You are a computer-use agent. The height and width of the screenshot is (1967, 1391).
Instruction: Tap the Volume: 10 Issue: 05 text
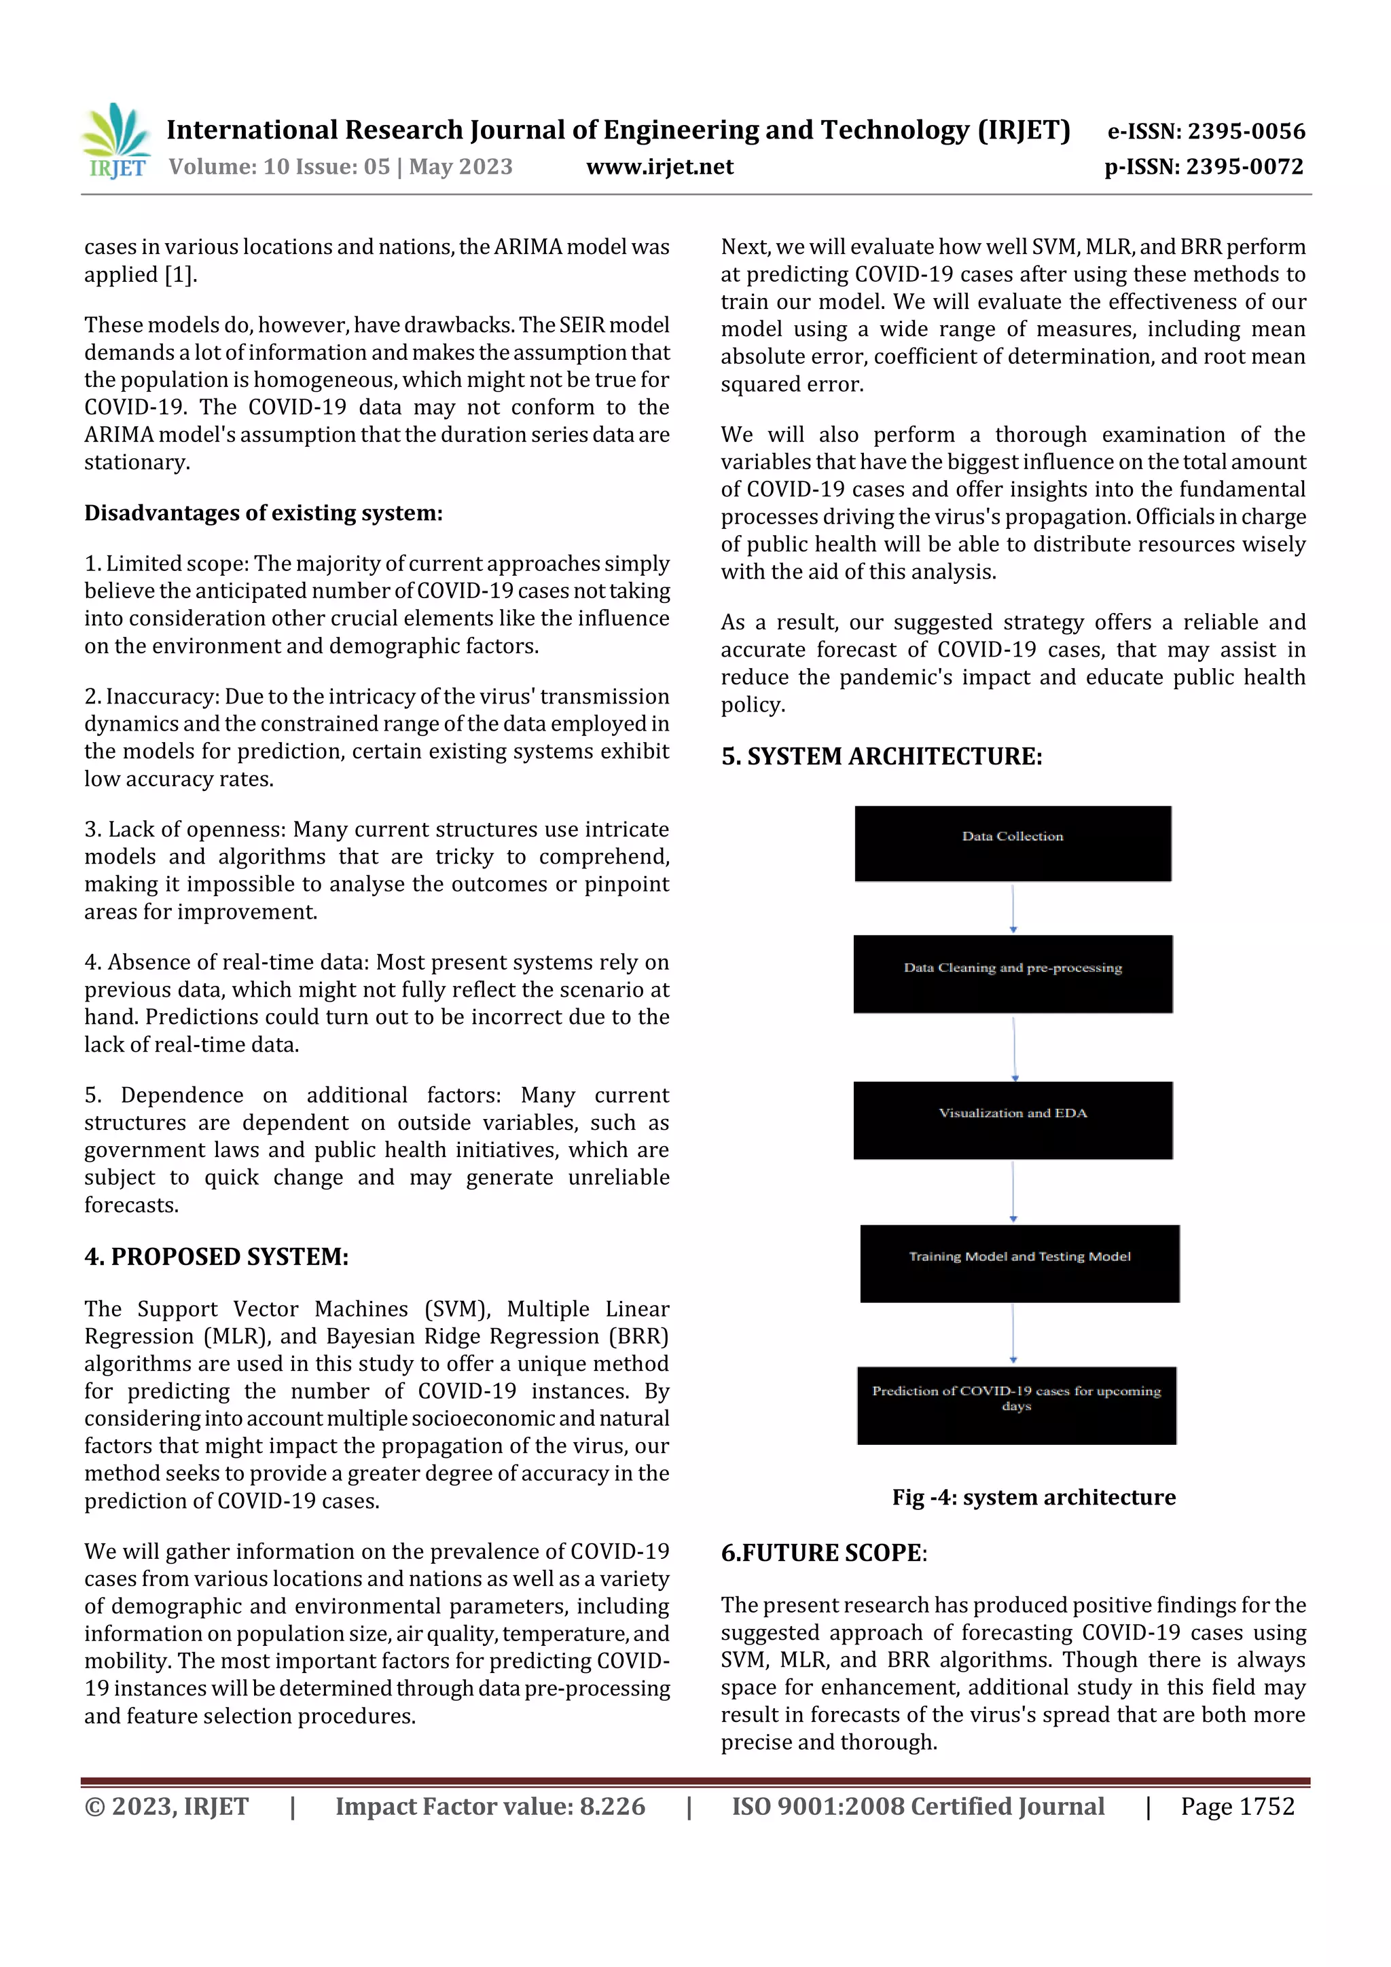click(x=279, y=167)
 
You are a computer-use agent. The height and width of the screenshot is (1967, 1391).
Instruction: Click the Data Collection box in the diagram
click(x=1012, y=843)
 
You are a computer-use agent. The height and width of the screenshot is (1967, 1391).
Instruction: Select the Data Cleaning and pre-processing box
click(x=1012, y=974)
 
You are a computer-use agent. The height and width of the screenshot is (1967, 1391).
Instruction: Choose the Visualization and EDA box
click(x=1012, y=1120)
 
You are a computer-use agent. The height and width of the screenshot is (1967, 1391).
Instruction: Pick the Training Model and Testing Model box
click(x=1019, y=1263)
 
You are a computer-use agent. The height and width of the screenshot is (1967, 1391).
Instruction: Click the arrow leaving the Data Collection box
click(x=1013, y=908)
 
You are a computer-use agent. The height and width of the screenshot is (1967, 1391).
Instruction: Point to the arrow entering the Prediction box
click(x=1013, y=1334)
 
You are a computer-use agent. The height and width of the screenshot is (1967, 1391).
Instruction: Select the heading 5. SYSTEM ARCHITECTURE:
click(x=881, y=756)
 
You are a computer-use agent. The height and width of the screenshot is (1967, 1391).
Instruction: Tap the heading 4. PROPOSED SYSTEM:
click(x=216, y=1257)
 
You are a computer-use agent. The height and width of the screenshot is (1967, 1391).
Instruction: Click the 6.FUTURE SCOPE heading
click(x=823, y=1554)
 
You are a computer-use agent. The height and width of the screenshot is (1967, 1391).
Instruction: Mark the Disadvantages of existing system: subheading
click(x=263, y=513)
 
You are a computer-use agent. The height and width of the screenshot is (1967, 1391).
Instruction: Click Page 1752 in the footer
click(x=1237, y=1807)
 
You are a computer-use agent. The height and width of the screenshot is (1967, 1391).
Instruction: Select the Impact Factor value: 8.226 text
click(x=490, y=1807)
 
